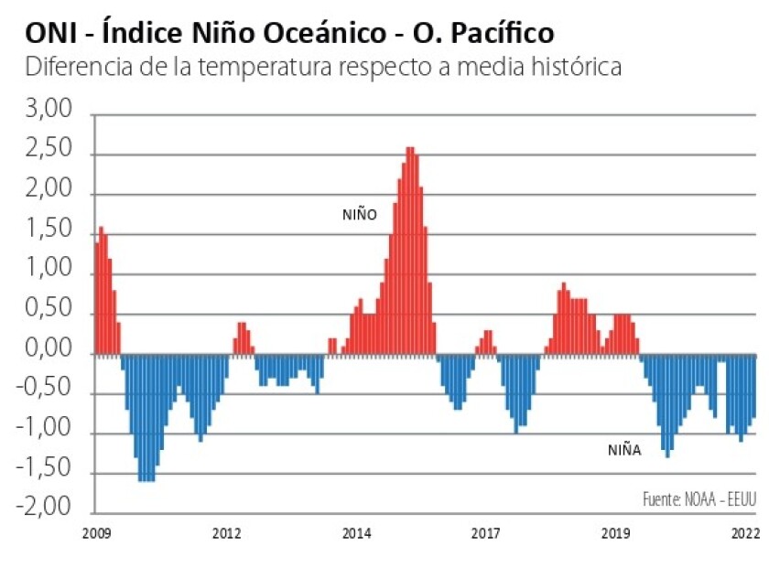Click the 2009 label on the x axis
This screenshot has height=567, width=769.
coord(96,533)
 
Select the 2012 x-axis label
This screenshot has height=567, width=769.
coord(226,533)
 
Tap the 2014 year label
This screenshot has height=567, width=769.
coord(357,533)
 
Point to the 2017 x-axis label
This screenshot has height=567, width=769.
coord(485,533)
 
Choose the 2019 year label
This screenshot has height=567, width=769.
coord(615,533)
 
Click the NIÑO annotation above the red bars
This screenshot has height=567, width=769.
coord(360,215)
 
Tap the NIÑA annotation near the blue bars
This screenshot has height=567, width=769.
coord(624,450)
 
